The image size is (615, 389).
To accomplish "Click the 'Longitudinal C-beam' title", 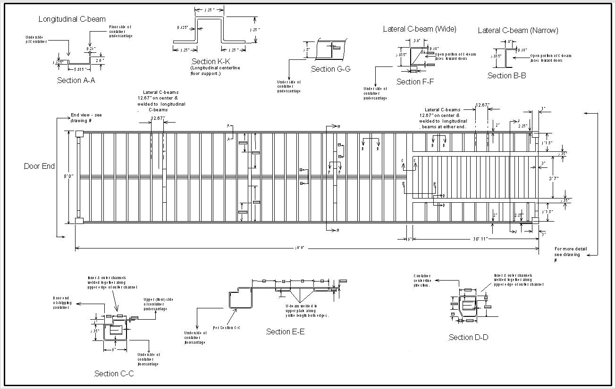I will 72,19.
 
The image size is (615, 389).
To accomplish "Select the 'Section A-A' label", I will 76,81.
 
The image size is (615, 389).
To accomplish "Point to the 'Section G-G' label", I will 330,69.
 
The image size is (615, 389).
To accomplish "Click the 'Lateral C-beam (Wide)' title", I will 419,29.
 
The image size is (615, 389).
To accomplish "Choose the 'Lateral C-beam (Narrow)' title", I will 518,31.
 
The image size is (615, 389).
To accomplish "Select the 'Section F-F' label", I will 415,82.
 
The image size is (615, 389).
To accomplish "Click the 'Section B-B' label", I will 506,75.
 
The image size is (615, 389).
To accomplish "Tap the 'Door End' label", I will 39,166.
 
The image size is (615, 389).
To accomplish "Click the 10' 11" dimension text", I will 483,239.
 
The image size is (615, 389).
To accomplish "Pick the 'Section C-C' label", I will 114,374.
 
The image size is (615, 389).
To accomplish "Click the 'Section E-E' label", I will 285,332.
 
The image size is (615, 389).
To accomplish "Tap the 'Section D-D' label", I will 468,338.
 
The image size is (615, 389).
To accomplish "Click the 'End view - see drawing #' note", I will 86,118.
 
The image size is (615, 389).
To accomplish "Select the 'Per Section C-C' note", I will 227,327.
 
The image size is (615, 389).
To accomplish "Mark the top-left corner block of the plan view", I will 79,134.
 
